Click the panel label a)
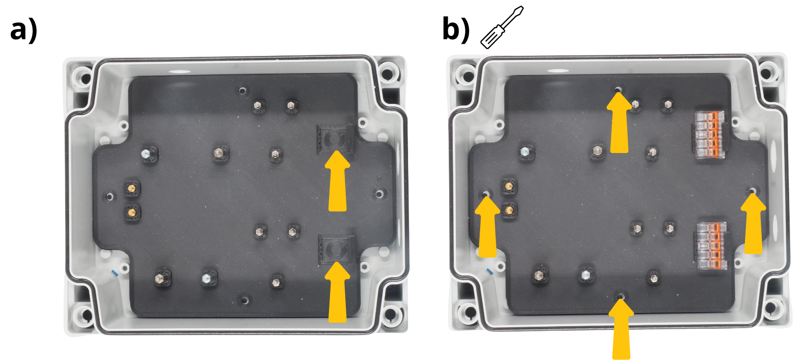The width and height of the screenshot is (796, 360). coord(24,31)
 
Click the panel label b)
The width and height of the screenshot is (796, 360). coord(456,30)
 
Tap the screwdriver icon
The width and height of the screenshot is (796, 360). coord(502,27)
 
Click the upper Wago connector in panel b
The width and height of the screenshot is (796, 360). coord(709,134)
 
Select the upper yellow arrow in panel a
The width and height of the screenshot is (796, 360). coord(337,181)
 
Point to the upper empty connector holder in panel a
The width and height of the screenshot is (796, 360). coord(335,139)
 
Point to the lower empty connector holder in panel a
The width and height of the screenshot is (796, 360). coord(337,250)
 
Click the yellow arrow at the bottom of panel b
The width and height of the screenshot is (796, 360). coord(621,329)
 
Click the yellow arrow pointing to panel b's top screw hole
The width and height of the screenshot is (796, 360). coord(619,122)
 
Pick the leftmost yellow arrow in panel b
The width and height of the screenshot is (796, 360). coord(487,227)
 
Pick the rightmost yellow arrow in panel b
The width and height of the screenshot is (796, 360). coord(753,223)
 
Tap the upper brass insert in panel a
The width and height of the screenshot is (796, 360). coord(132,188)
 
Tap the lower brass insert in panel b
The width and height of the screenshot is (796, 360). coord(510,210)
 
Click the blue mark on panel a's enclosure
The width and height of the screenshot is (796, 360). coord(115,273)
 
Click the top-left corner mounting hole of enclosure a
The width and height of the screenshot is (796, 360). coord(84,77)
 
